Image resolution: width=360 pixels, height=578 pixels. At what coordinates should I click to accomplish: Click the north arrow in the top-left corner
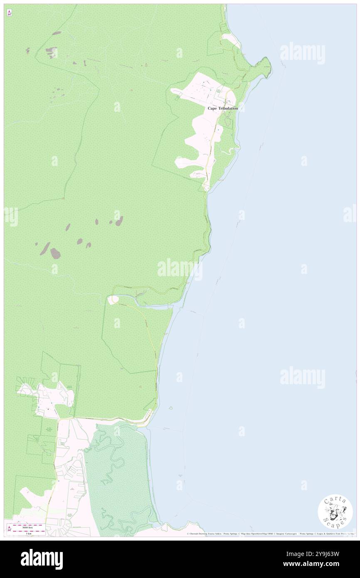pos(9,12)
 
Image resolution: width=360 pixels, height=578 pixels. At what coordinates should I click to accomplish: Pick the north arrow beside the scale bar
pos(9,529)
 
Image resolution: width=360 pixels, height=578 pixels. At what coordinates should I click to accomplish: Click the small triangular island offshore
pos(170,408)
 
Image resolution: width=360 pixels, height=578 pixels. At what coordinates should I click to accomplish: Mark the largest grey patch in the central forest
pos(55,253)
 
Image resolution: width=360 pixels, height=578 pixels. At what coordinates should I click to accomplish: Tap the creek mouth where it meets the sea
pos(171,307)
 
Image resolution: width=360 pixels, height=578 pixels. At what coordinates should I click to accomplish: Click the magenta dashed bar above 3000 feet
pos(28,526)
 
